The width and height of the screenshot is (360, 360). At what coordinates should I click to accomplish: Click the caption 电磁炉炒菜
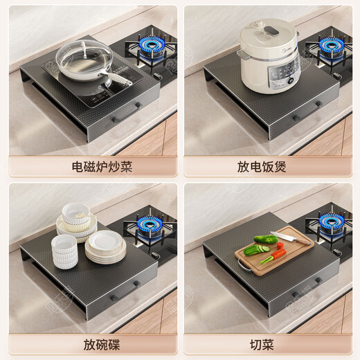(92, 167)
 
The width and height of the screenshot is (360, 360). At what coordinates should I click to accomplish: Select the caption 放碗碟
(92, 343)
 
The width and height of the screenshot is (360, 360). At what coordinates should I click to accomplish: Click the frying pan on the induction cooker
(83, 61)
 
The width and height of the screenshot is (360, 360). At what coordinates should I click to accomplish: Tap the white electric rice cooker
(269, 55)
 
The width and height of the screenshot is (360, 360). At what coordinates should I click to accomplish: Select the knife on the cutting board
(289, 237)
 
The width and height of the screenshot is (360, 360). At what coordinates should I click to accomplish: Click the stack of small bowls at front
(65, 251)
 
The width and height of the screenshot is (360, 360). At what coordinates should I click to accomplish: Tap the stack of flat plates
(105, 247)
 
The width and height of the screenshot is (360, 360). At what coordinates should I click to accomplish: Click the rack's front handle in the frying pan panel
(126, 111)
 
